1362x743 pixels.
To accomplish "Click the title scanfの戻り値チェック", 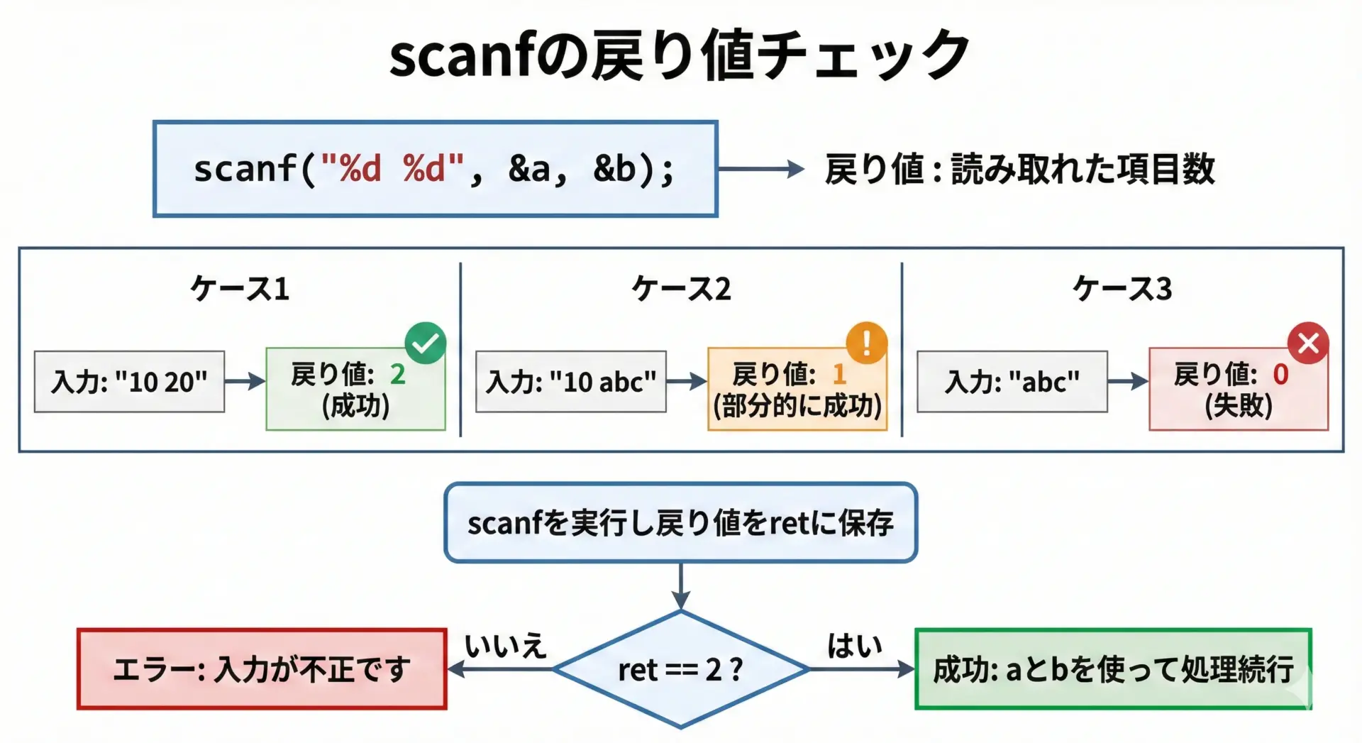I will (x=680, y=55).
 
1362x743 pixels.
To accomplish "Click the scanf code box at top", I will (x=435, y=169).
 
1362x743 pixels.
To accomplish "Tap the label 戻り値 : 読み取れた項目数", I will (x=1019, y=169).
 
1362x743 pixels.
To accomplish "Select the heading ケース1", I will (x=240, y=289).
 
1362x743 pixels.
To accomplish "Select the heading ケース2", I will (x=681, y=289).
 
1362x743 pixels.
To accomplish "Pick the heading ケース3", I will (x=1122, y=289).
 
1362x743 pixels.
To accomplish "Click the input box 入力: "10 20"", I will (x=129, y=382).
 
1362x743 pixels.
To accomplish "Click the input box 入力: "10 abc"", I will (x=571, y=382).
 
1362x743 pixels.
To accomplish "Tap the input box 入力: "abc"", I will (x=1012, y=382).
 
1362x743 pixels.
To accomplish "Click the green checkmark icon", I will (x=426, y=343).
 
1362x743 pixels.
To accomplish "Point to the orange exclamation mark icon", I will (x=867, y=343).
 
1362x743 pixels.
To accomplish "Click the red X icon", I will (x=1308, y=343).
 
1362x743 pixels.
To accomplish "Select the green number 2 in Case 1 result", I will (x=398, y=374).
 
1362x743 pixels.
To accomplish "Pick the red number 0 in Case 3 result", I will (x=1280, y=374).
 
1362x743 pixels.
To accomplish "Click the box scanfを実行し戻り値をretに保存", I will (x=680, y=523).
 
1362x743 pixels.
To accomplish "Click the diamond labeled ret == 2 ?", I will (x=680, y=669).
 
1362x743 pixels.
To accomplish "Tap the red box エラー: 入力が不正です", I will (x=262, y=669).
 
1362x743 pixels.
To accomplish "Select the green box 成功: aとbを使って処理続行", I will (x=1113, y=669).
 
